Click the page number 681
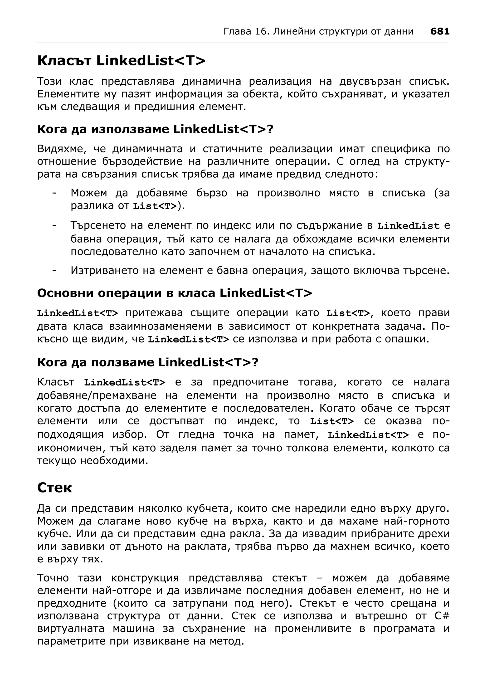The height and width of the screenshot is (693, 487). coord(440,31)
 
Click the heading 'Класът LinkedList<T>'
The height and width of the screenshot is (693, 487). coord(121,61)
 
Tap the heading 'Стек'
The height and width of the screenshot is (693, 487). coord(55,488)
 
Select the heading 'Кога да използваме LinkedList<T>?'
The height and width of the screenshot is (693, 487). coord(155,129)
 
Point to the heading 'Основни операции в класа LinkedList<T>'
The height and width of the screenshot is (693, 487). coord(174,293)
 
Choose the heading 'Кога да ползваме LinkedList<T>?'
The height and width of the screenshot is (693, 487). coord(148,362)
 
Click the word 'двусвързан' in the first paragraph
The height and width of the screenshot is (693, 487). coord(370,82)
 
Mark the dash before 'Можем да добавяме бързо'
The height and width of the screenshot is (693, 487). coord(54,193)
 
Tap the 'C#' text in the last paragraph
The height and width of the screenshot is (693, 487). coord(442,616)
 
